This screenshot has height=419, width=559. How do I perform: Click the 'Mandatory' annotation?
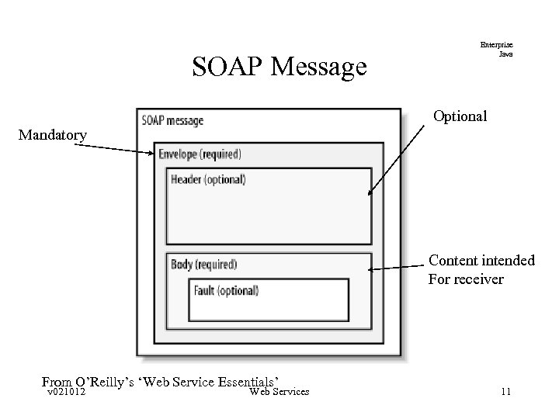coord(53,136)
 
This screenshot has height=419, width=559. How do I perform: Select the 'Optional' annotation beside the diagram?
coord(460,116)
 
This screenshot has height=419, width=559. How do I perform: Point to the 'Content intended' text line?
coord(481,260)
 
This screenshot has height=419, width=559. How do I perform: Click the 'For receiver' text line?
coord(466,279)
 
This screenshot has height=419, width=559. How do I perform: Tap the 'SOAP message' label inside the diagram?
coord(172,120)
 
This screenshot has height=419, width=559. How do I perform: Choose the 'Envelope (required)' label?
coord(200,154)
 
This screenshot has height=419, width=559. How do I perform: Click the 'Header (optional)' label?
coord(208,179)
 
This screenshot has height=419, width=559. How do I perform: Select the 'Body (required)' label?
coord(203,265)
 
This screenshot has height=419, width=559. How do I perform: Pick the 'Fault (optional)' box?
coord(269,300)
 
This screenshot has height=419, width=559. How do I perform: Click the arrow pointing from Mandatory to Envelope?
coord(120,147)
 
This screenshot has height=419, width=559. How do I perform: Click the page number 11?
coord(505,392)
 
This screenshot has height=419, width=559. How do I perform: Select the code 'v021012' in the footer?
coord(66,392)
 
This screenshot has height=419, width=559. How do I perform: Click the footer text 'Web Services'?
coord(279,392)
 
